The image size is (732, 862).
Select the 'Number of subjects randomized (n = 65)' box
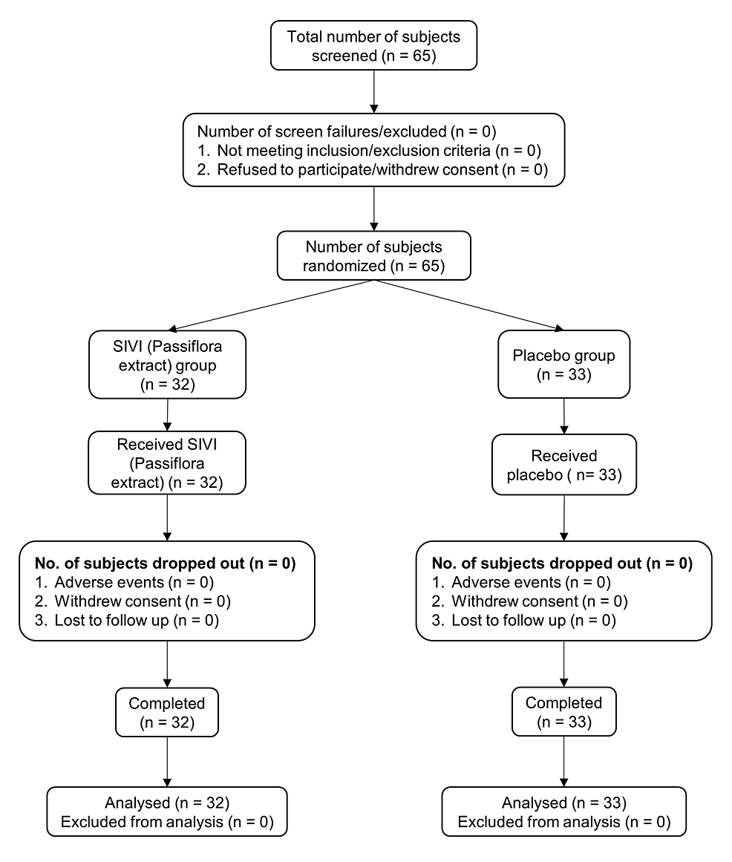tap(373, 255)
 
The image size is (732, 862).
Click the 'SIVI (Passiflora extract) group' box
tap(167, 365)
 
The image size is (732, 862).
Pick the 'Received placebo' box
tap(564, 465)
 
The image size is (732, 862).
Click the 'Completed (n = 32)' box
tap(167, 713)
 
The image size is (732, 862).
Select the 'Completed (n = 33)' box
tap(564, 713)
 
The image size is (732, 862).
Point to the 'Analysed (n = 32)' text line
tap(166, 802)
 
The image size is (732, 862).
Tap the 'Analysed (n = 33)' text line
tap(564, 802)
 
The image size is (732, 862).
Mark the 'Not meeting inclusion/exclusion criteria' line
tap(370, 151)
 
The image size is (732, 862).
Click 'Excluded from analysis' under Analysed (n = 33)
tap(564, 822)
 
